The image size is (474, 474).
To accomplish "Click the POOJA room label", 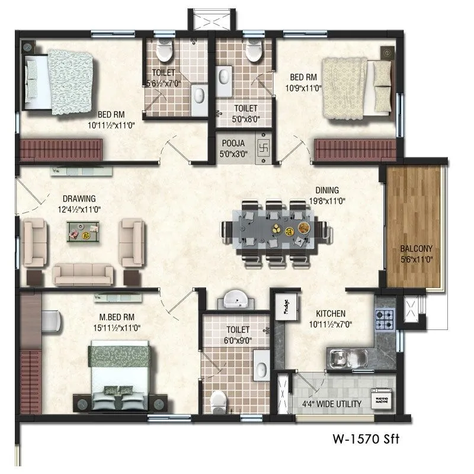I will [235, 143].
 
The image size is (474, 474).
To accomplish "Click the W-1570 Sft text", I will [367, 440].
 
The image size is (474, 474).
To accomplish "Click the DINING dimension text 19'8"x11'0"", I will [326, 201].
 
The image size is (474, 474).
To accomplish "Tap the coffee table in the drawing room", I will [82, 231].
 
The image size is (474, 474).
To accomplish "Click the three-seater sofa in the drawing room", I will [83, 274].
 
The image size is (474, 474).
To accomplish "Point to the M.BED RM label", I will [111, 315].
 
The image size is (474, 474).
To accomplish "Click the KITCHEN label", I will [331, 313].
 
